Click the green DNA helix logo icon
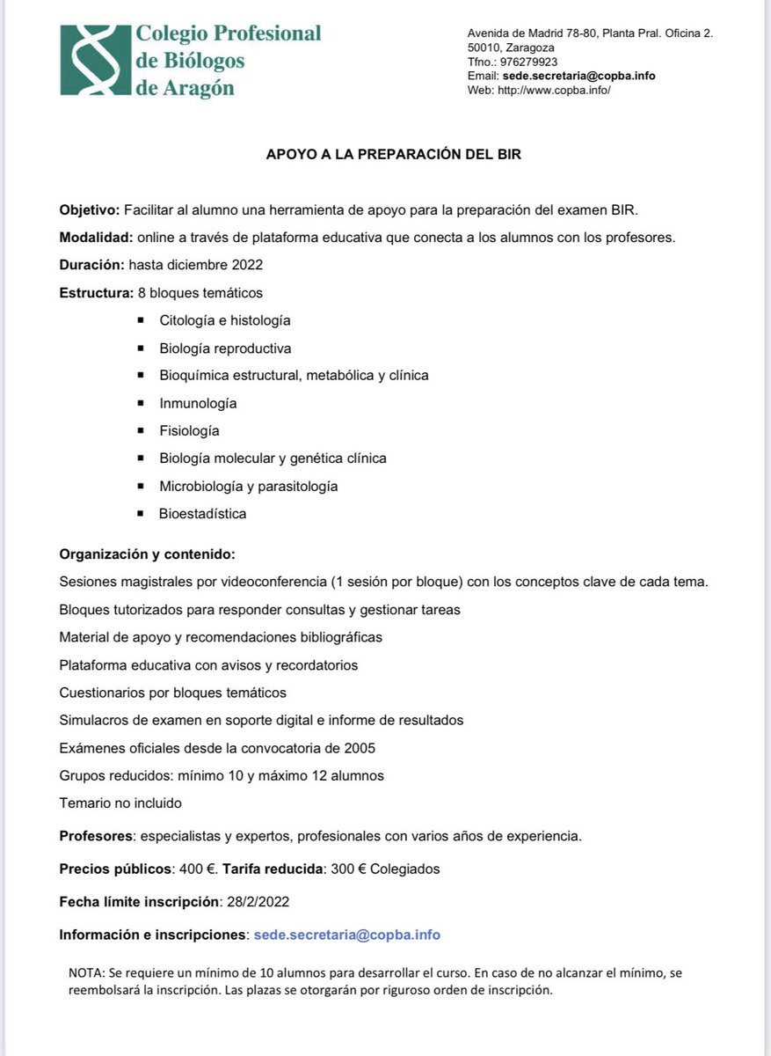click(95, 61)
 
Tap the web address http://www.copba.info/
click(553, 90)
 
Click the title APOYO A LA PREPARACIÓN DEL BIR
click(394, 154)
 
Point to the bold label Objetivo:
click(90, 209)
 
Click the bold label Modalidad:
click(96, 238)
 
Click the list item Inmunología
click(198, 403)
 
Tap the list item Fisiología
click(189, 430)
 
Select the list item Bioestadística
click(202, 514)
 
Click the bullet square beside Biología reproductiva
click(140, 348)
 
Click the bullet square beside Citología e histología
click(140, 320)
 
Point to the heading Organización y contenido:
click(147, 554)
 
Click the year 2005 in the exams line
click(358, 748)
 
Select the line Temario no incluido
click(120, 803)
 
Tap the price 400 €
click(197, 869)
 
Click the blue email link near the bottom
click(346, 935)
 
